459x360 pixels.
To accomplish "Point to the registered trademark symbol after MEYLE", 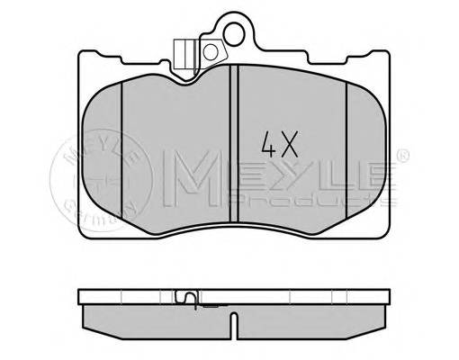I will tap(402, 150).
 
